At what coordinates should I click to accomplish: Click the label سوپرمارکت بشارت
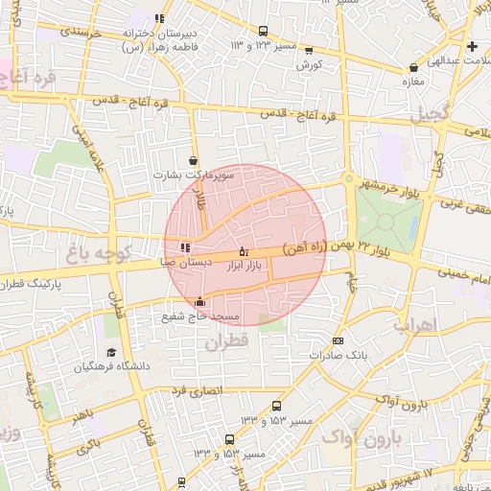193,175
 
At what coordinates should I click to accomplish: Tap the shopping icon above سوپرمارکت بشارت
195,161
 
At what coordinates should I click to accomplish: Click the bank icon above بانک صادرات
337,340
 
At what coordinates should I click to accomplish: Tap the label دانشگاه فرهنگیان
111,366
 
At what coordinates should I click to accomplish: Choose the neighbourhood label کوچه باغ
92,254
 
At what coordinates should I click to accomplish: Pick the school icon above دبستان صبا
185,248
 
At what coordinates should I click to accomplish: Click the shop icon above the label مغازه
413,68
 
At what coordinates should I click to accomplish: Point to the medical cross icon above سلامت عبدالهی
471,46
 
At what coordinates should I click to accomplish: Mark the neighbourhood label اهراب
414,325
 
